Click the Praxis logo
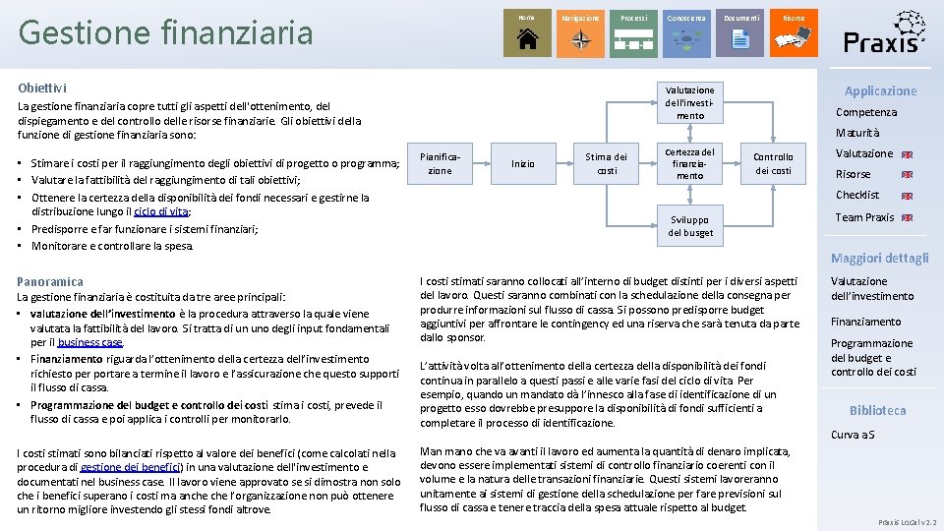(884, 31)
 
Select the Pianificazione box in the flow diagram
(440, 163)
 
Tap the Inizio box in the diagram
(523, 163)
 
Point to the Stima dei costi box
(606, 163)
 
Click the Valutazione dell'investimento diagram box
(689, 102)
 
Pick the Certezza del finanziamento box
(689, 163)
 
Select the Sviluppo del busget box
(690, 225)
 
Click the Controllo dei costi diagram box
(773, 163)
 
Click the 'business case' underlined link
(90, 342)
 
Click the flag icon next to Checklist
(907, 196)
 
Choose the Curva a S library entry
(853, 435)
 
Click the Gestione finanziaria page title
(165, 32)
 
